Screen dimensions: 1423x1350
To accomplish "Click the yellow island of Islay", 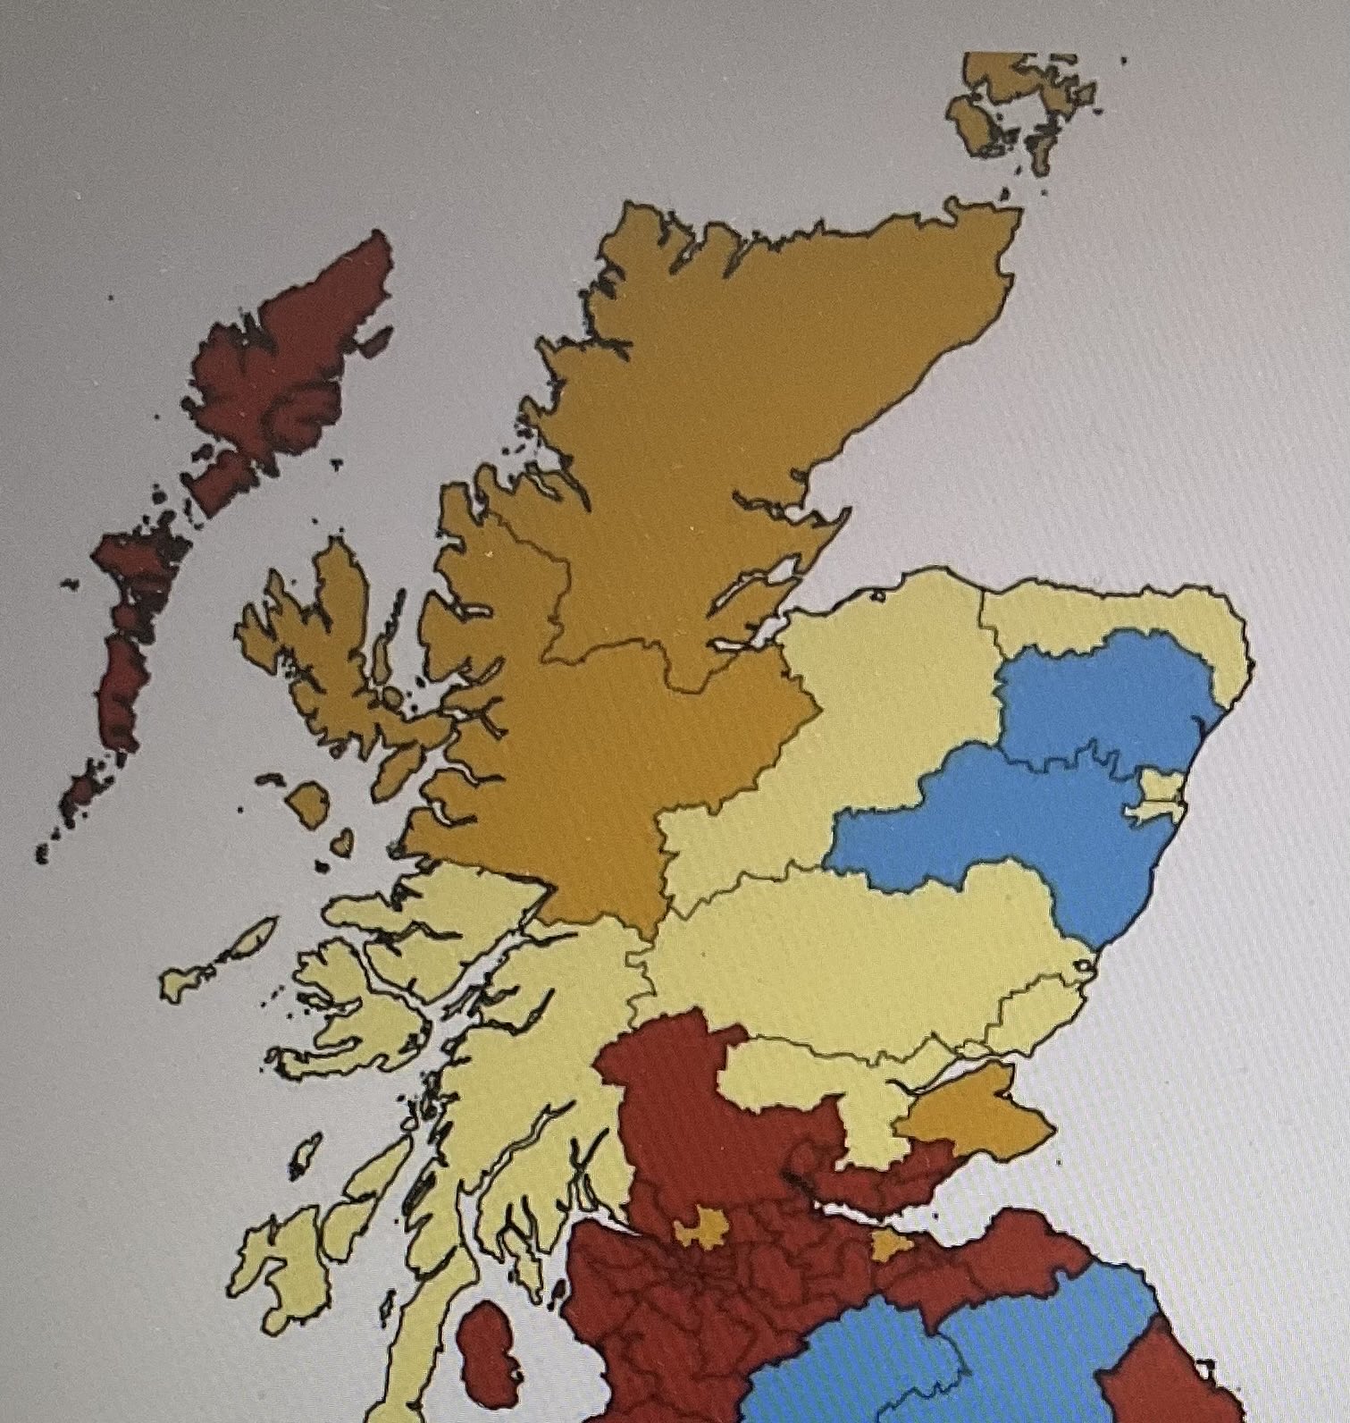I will point(273,1269).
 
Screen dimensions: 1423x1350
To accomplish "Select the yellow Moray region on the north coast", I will point(893,679).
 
